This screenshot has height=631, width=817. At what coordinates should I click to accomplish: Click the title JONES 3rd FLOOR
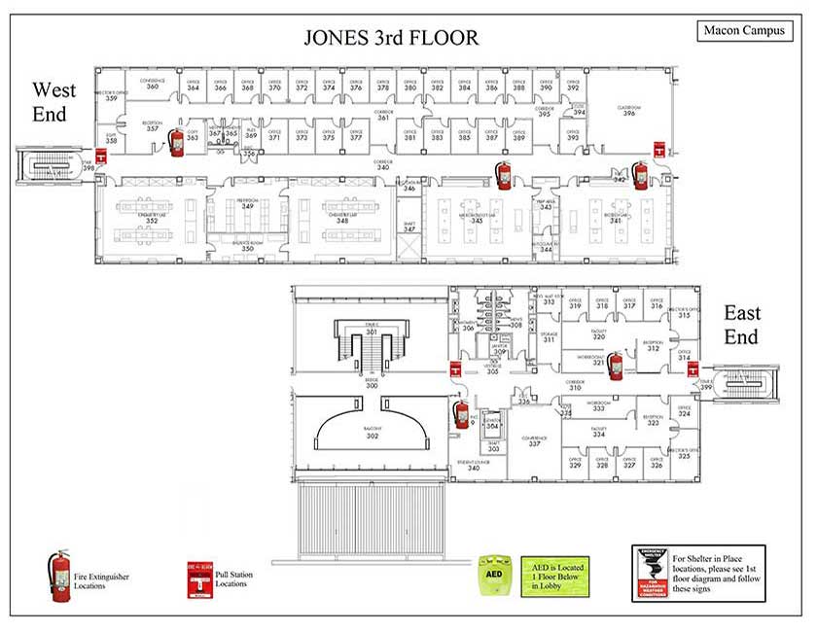[x=391, y=39]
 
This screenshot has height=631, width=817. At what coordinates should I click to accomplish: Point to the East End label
[x=741, y=325]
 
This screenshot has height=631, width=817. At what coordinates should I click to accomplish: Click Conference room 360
[x=152, y=84]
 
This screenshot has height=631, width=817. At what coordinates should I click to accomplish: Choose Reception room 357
[x=152, y=126]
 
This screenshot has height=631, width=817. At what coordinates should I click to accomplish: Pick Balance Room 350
[x=248, y=247]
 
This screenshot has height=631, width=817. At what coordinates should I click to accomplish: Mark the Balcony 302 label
[x=373, y=435]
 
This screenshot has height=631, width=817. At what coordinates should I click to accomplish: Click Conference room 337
[x=534, y=441]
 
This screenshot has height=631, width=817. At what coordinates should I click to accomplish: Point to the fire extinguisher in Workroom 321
[x=615, y=366]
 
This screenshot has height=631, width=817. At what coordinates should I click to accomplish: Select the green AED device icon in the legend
[x=490, y=576]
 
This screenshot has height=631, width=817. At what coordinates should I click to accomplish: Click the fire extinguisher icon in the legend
[x=60, y=575]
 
